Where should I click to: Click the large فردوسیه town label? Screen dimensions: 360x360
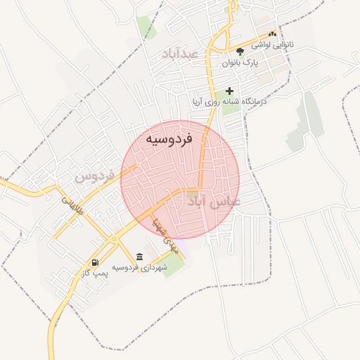point(169,140)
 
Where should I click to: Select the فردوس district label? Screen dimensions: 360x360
point(94,176)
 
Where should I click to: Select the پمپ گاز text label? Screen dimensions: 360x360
point(95,274)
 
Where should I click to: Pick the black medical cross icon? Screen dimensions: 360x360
point(229,91)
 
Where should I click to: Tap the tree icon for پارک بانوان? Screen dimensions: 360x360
point(240,51)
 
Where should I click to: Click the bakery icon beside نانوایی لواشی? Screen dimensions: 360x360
point(272,33)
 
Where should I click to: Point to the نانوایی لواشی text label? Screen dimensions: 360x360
point(300,44)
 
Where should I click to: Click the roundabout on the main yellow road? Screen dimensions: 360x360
point(113,239)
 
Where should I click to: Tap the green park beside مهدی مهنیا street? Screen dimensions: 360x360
point(172,266)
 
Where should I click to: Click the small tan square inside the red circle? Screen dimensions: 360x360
point(193,192)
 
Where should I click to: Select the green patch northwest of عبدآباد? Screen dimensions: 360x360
point(147,27)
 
